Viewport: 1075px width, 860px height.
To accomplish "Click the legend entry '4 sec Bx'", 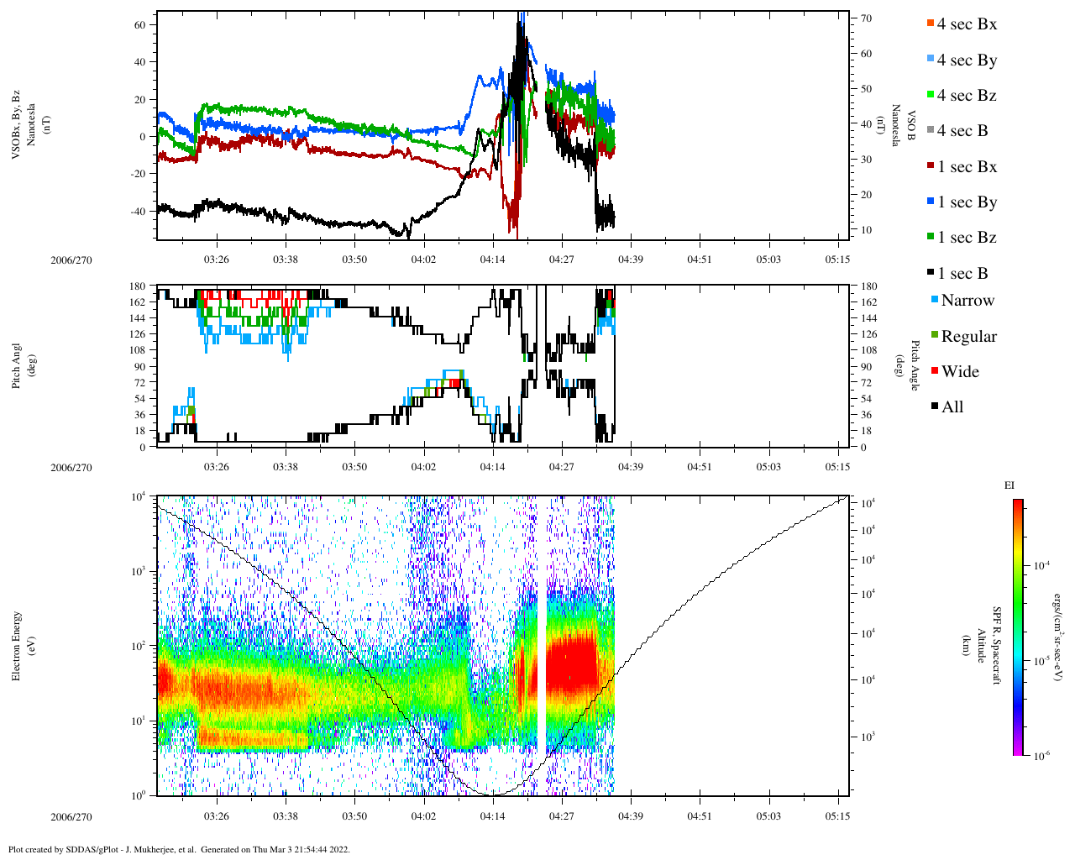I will [967, 24].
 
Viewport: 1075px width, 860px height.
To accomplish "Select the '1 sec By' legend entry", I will [967, 202].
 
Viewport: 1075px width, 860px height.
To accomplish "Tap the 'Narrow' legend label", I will [967, 301].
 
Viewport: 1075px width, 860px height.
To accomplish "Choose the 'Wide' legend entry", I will [960, 372].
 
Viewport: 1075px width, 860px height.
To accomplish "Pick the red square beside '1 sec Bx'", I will [931, 167].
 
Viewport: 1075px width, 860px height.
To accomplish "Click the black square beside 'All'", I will [935, 407].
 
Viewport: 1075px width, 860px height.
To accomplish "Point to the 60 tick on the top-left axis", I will [140, 25].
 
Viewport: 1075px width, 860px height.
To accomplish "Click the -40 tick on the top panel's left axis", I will [137, 212].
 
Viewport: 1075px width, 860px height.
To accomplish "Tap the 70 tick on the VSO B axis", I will [865, 18].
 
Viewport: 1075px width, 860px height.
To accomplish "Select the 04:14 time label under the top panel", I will [493, 260].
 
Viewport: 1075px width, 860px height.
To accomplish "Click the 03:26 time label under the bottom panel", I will [217, 816].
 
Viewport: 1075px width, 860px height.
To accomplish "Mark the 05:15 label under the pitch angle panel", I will [837, 467].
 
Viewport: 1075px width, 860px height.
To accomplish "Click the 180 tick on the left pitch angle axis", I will [138, 286].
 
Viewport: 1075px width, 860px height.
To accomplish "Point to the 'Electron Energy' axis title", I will [17, 645].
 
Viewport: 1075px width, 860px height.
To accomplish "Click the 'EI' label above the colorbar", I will [1009, 485].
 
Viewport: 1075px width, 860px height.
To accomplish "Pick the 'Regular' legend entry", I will [968, 337].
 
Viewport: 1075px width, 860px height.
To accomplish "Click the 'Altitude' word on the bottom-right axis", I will [980, 645].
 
